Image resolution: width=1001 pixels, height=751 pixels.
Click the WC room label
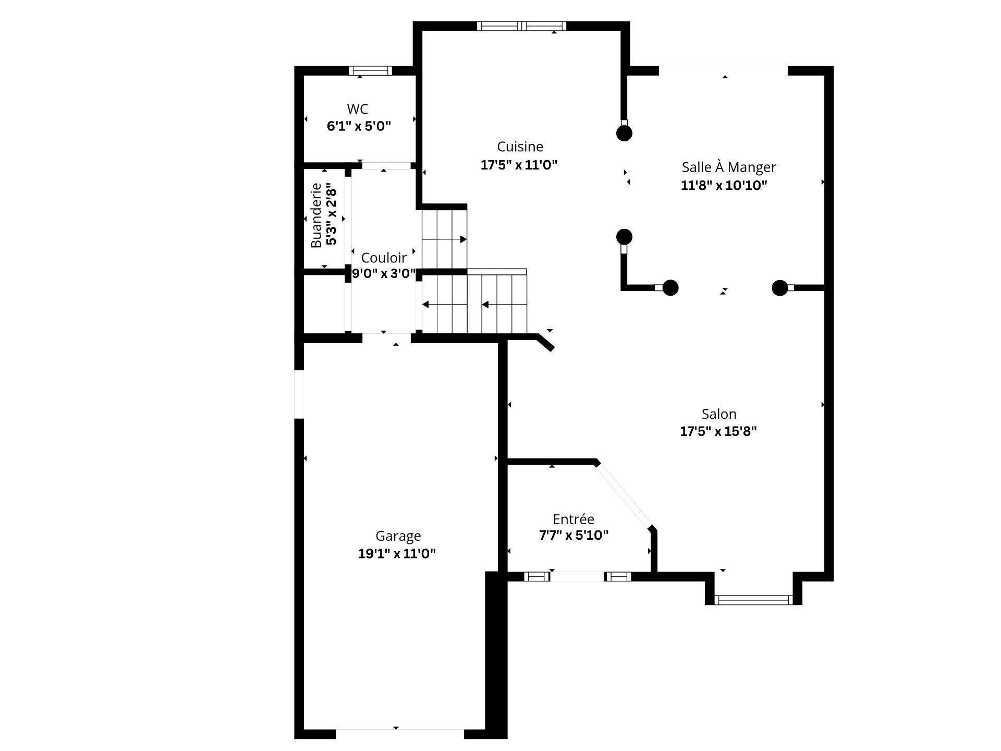pos(357,109)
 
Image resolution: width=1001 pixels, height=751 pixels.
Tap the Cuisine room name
pos(520,147)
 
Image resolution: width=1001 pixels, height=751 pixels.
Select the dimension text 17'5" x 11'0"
pos(519,165)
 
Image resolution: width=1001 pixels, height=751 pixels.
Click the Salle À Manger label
pos(728,167)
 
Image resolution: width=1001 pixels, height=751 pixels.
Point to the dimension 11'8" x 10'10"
pos(724,185)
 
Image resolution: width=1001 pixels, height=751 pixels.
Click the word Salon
pos(718,414)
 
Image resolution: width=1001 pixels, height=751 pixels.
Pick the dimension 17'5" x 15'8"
pos(718,431)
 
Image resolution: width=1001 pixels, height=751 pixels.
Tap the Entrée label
pos(573,519)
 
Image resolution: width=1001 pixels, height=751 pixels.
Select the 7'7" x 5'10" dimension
pos(573,536)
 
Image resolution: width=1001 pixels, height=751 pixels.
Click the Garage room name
pos(398,536)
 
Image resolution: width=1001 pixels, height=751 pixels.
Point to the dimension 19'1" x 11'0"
pos(397,553)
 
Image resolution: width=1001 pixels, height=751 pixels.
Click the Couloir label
pos(384,258)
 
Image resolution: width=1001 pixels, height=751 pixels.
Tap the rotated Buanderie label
pos(316,215)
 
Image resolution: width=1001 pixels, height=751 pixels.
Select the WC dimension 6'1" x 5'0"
pos(359,126)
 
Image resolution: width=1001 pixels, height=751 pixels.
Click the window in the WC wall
pos(370,71)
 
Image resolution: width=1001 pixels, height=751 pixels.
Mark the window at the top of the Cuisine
pos(521,26)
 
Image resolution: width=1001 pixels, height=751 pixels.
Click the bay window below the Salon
pos(753,600)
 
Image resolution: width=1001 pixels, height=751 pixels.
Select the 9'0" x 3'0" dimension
pos(384,274)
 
